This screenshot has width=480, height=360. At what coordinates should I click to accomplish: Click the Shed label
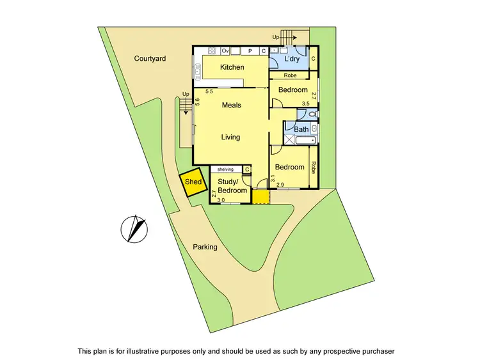click(x=193, y=182)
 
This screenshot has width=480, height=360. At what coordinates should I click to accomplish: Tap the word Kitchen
click(x=232, y=67)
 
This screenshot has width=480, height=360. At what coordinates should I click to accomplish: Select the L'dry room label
click(x=291, y=59)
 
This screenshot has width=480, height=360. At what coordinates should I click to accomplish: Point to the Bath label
click(x=301, y=129)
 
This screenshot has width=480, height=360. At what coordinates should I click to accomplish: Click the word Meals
click(x=231, y=105)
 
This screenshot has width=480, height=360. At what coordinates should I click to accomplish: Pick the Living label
click(x=230, y=137)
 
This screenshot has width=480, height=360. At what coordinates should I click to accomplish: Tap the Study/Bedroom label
click(x=233, y=186)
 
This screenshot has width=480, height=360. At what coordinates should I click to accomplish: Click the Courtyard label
click(x=150, y=59)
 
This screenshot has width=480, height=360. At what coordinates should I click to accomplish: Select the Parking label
click(x=205, y=247)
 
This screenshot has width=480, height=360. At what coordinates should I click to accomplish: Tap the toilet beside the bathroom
click(x=312, y=114)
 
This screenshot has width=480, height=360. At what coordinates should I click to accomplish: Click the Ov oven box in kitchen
click(x=225, y=51)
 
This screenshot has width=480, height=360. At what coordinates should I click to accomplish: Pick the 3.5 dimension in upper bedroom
click(x=305, y=104)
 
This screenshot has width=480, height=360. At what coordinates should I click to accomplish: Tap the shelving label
click(x=225, y=169)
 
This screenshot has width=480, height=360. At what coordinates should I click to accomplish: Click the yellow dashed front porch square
click(x=260, y=196)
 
